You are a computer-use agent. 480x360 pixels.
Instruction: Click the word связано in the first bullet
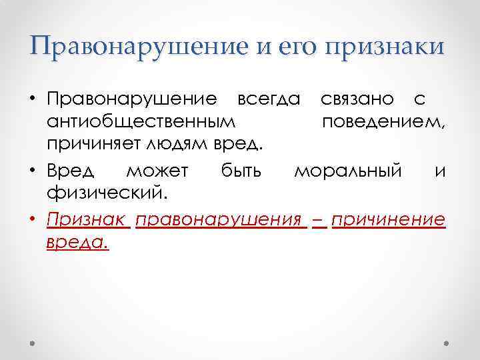point(357,99)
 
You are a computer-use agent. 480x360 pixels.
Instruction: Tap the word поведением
point(384,123)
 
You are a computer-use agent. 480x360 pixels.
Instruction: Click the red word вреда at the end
point(76,243)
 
